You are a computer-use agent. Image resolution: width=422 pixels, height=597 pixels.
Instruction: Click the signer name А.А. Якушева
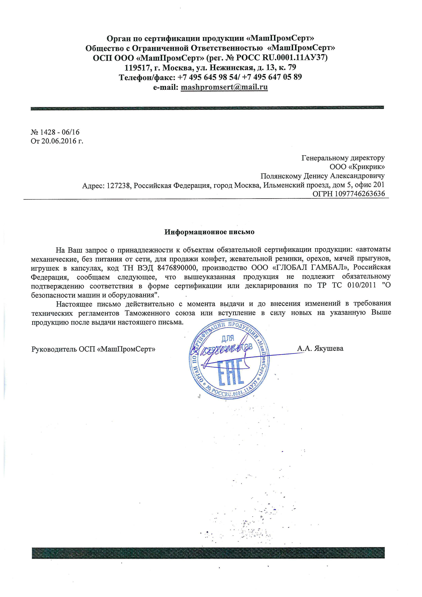pos(320,348)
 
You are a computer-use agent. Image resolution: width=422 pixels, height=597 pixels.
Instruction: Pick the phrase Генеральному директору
pos(343,158)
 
